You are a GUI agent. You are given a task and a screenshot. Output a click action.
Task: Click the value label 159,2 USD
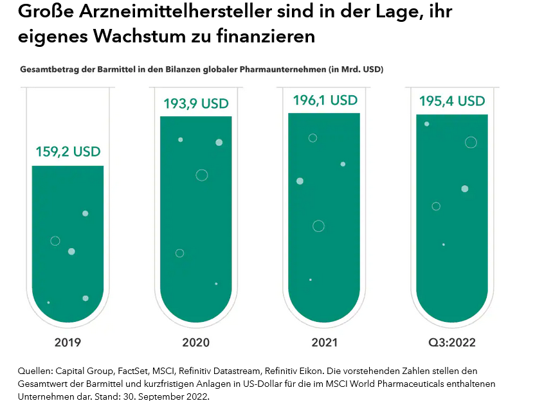tap(68, 152)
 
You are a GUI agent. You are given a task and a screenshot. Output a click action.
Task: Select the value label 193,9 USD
tap(195, 103)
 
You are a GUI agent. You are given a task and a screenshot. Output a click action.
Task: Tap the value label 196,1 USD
tap(324, 100)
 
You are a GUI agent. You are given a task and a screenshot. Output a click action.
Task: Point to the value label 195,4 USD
tap(451, 101)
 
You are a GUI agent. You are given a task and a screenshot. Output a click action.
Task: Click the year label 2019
tap(68, 342)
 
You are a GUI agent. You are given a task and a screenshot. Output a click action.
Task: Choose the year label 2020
tap(196, 342)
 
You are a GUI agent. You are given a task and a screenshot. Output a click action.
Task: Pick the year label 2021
tap(324, 342)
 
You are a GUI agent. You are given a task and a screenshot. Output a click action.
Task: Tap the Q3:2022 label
tap(451, 342)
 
